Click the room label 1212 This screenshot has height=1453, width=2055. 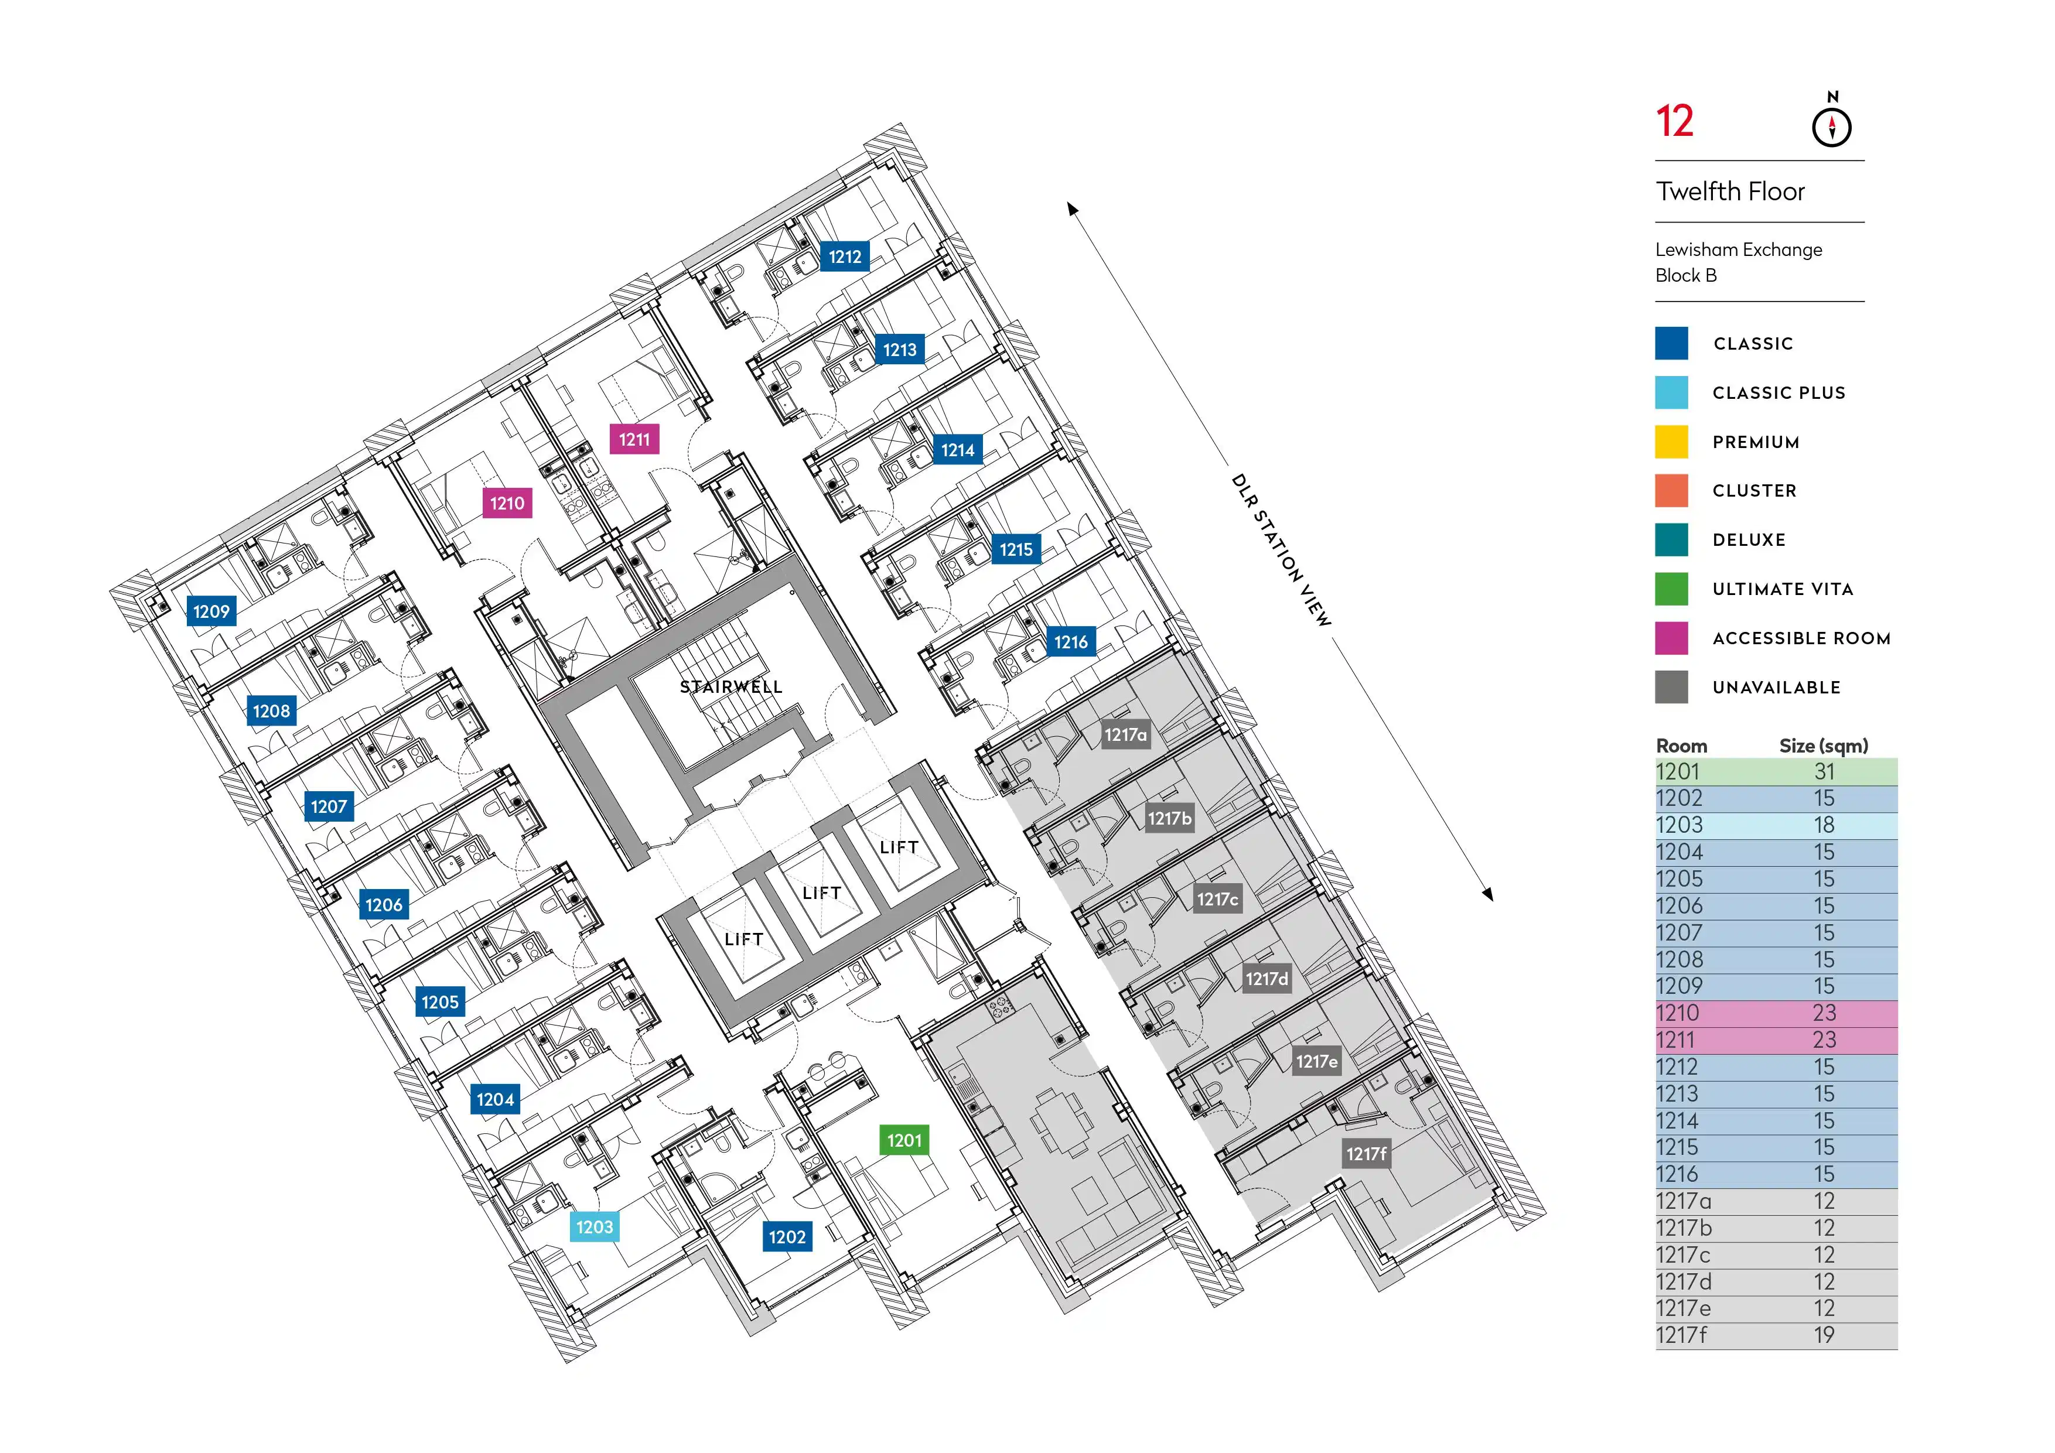844,257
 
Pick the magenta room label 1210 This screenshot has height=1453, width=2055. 507,503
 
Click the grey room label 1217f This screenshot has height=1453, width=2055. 1366,1154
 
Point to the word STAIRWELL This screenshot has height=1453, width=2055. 731,687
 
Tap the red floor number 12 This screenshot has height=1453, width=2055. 1674,122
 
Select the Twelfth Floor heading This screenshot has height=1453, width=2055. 1729,192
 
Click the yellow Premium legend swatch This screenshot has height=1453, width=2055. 1671,441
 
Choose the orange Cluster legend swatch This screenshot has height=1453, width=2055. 1671,490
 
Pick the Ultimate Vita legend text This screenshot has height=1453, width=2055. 1782,589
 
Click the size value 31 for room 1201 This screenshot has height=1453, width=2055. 1824,771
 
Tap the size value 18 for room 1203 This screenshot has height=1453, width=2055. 1824,825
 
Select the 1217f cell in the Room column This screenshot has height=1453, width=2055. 1681,1335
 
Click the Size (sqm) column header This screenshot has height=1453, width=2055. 1823,746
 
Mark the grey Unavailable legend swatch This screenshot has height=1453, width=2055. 1671,687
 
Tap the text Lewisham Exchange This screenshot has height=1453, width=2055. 1738,249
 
